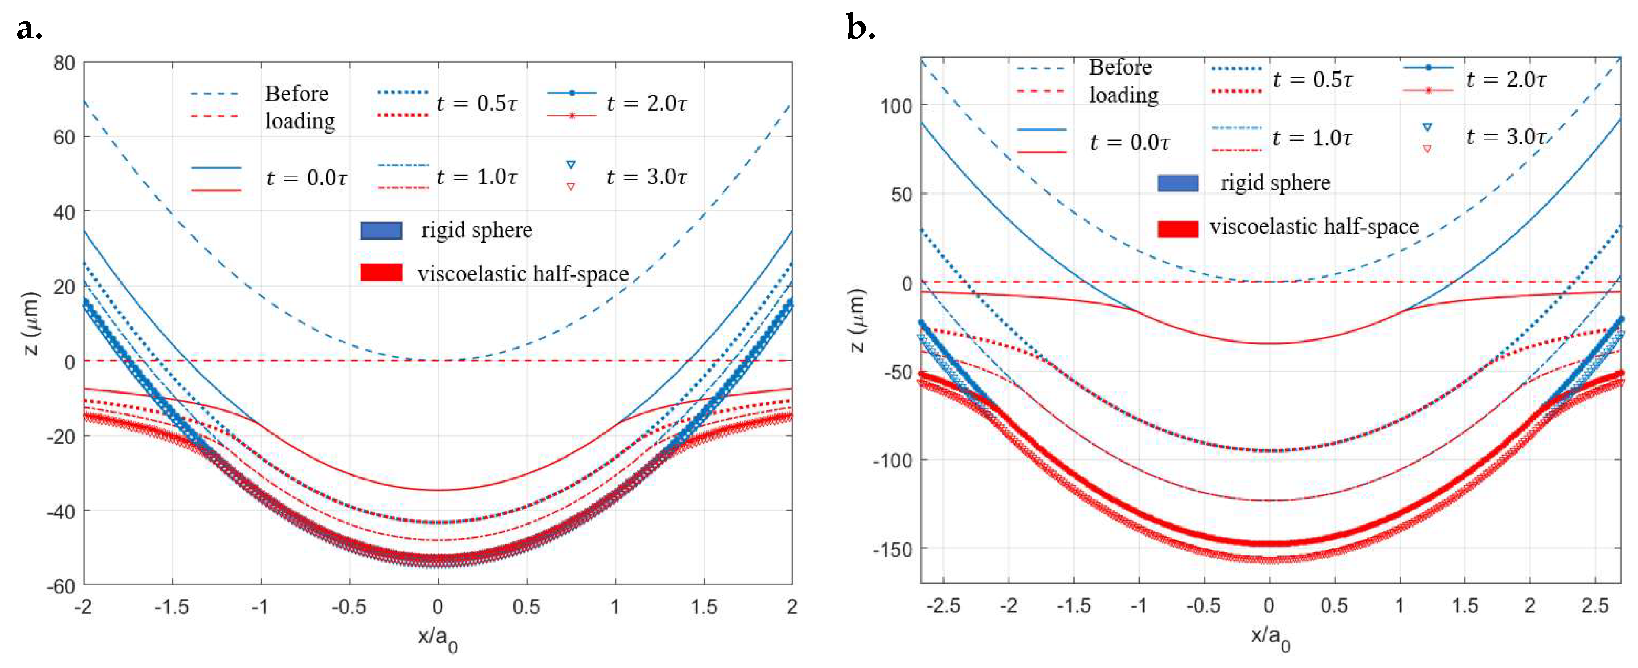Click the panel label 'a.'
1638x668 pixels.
pyautogui.click(x=29, y=29)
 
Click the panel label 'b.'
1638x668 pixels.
pyautogui.click(x=861, y=29)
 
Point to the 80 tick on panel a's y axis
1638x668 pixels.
pyautogui.click(x=64, y=63)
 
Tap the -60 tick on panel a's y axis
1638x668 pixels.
pyautogui.click(x=61, y=586)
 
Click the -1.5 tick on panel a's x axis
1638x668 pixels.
pyautogui.click(x=172, y=607)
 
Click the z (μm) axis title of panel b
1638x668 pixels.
pyautogui.click(x=858, y=320)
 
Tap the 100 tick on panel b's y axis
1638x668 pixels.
pyautogui.click(x=896, y=105)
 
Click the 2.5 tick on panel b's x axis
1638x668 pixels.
pyautogui.click(x=1595, y=606)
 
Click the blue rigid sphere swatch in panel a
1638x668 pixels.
pyautogui.click(x=381, y=230)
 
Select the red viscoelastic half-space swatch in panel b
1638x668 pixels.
pyautogui.click(x=1178, y=228)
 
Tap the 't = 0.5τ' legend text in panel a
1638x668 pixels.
pyautogui.click(x=477, y=103)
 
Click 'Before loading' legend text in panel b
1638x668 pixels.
pyautogui.click(x=1123, y=81)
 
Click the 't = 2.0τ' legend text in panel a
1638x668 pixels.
pyautogui.click(x=646, y=103)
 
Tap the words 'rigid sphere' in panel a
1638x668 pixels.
pyautogui.click(x=476, y=230)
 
